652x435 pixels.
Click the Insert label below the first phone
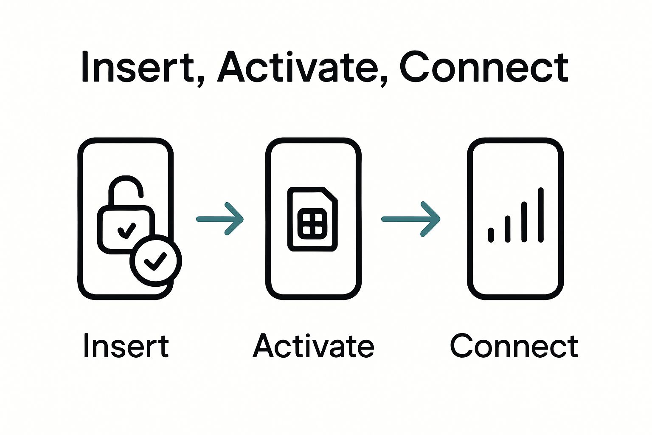point(126,346)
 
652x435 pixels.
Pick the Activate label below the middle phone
point(313,346)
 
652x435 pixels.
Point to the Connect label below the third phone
point(514,346)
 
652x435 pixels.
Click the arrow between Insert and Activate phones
point(220,219)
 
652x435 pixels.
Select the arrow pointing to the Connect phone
point(410,219)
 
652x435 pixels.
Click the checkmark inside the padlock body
point(126,230)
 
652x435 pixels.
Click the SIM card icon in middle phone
point(313,219)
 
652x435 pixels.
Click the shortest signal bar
point(491,235)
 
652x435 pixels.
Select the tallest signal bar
point(541,215)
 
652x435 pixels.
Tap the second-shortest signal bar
point(508,229)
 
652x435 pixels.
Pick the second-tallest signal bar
point(524,222)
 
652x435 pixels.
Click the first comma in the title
point(200,81)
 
